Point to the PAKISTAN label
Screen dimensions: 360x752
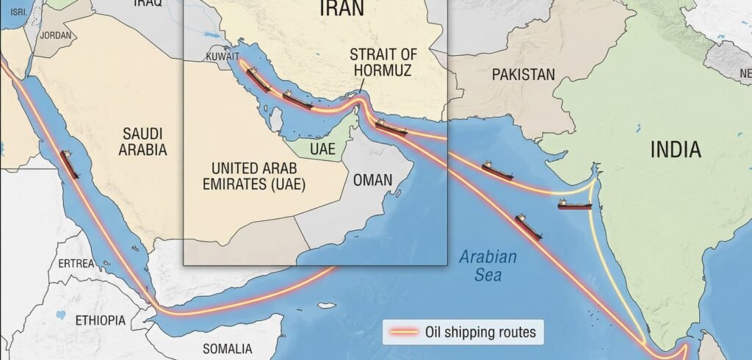(524, 74)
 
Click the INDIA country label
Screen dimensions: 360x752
(676, 150)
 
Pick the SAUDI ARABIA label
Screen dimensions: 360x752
(145, 142)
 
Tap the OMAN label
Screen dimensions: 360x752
(372, 179)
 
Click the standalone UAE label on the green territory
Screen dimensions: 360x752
(322, 148)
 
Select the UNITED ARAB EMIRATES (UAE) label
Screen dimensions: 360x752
(254, 175)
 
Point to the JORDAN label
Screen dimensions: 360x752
(57, 35)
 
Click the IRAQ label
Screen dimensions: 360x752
(148, 4)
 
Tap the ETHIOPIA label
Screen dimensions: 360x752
(101, 320)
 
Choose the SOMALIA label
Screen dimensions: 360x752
(228, 348)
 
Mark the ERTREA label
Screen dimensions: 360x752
(76, 263)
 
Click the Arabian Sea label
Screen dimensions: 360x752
(488, 266)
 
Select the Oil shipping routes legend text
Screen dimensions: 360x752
(480, 332)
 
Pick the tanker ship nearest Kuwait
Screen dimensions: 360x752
(258, 79)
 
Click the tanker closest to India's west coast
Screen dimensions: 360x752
(574, 205)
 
